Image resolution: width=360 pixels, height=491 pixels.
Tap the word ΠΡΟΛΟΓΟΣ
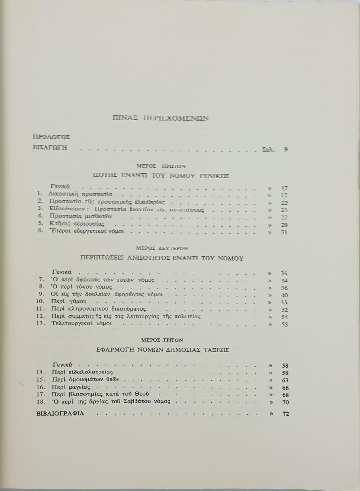tap(52, 137)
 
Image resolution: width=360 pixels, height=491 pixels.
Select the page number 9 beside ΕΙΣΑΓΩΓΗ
tap(286, 149)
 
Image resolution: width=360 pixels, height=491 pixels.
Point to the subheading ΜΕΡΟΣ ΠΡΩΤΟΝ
tap(161, 166)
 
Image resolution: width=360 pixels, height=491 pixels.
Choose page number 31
tap(284, 232)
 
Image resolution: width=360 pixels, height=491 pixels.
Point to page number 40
tap(284, 295)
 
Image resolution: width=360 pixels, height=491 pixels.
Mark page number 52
tap(284, 310)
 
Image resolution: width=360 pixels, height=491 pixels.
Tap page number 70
tap(285, 402)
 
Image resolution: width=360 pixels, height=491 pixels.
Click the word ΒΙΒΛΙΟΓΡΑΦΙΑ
tap(60, 413)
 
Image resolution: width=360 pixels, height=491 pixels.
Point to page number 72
tap(285, 414)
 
